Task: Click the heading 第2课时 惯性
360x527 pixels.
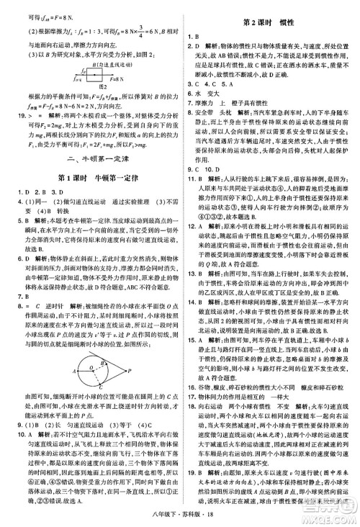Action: point(271,22)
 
